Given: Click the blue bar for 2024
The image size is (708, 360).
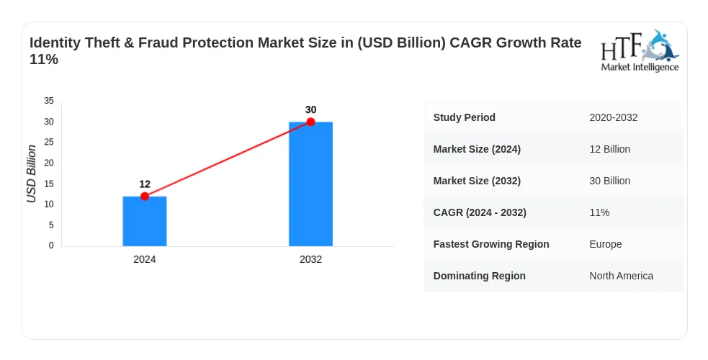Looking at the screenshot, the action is tap(145, 221).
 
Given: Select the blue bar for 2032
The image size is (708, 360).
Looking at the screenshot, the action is tap(310, 184).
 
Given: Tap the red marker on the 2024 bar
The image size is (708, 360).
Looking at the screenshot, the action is tap(145, 197).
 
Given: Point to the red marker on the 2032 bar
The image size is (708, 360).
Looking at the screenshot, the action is tap(310, 122).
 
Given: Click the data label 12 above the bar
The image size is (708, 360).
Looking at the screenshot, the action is tap(145, 184).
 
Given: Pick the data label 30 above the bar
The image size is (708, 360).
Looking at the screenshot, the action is tap(310, 109).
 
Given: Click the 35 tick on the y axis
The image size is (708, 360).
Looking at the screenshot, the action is tap(49, 101).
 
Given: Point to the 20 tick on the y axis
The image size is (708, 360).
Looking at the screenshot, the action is tap(49, 163).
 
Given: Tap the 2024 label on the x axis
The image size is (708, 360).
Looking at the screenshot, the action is tap(145, 259).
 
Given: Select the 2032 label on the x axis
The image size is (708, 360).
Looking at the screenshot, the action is tap(310, 259).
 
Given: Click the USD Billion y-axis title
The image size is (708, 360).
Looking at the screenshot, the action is tap(31, 174).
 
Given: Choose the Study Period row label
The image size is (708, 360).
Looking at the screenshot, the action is tap(464, 117).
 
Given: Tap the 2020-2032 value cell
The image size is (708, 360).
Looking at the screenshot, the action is tap(614, 118).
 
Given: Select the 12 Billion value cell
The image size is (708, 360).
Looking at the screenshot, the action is tap(609, 149).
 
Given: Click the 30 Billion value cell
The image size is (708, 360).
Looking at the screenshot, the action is tap(609, 181).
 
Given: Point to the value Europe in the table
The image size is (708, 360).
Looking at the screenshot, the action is tap(606, 244).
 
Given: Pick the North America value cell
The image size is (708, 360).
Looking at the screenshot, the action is tap(622, 276).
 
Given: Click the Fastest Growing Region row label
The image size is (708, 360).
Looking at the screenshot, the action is tap(491, 244).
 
